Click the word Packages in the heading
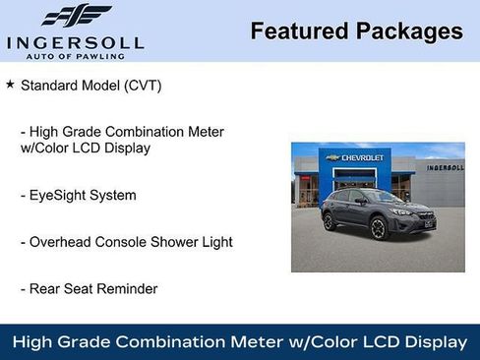point(406,31)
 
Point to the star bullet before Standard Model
point(10,86)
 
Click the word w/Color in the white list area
point(47,149)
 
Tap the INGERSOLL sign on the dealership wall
point(445,168)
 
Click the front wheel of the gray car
point(378,229)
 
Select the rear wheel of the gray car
point(330,222)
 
